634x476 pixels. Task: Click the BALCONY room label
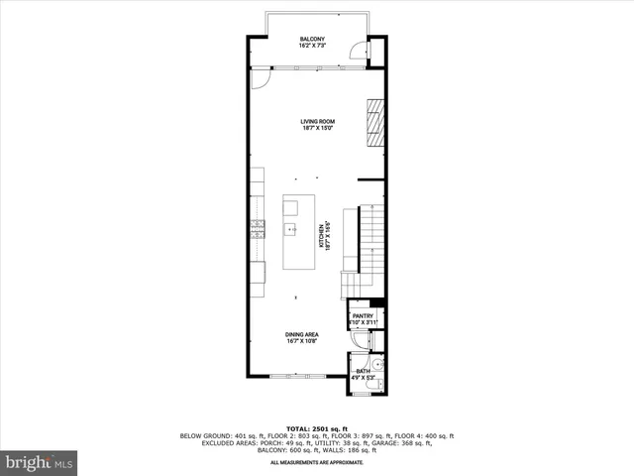tap(312, 39)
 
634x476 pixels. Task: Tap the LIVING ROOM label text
tap(317, 121)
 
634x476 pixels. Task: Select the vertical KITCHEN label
tap(322, 235)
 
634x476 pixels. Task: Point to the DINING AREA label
tap(302, 335)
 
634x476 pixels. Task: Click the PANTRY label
tap(363, 316)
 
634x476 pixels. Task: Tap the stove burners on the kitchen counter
tap(258, 229)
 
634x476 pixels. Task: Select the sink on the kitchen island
tap(292, 229)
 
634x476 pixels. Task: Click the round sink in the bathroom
tap(377, 364)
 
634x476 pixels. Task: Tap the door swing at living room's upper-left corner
tap(260, 77)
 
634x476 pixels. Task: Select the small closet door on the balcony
tap(375, 53)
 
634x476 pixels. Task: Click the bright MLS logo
tap(40, 462)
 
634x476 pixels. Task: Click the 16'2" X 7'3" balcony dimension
tap(312, 46)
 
